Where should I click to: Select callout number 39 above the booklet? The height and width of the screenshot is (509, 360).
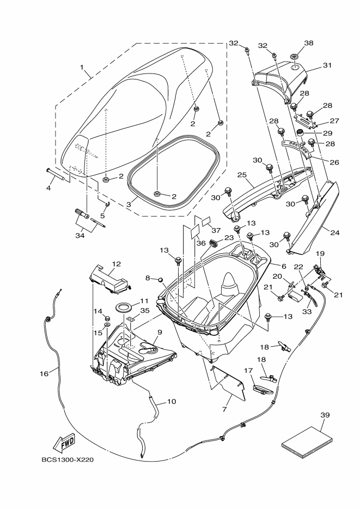tap(325, 415)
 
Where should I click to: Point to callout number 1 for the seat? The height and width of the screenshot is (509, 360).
tap(83, 68)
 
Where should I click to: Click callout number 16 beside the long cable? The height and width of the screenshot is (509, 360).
tap(44, 373)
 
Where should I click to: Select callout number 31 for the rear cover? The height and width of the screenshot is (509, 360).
tap(327, 65)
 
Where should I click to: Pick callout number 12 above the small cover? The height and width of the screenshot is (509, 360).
tap(115, 264)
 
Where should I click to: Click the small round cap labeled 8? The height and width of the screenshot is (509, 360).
tap(161, 279)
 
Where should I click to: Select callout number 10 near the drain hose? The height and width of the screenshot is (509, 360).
tap(171, 402)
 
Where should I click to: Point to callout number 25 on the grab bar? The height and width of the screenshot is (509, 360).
tap(242, 175)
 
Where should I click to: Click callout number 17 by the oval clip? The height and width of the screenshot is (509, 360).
tap(249, 370)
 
